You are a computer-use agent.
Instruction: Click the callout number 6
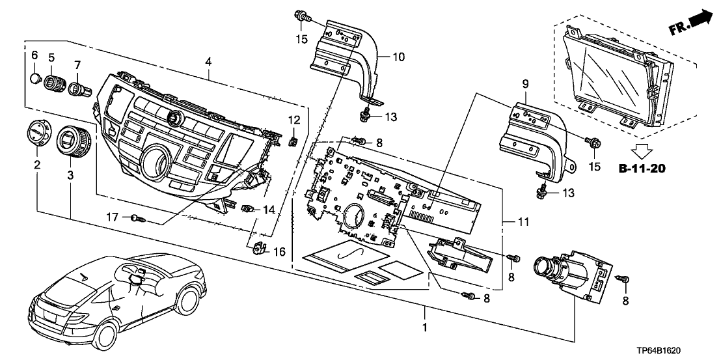point(36,55)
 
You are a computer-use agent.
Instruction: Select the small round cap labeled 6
point(37,79)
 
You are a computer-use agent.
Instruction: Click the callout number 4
point(208,62)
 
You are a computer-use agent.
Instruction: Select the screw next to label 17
point(137,219)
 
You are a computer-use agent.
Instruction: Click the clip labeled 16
point(261,247)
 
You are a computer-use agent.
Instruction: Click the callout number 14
point(269,210)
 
